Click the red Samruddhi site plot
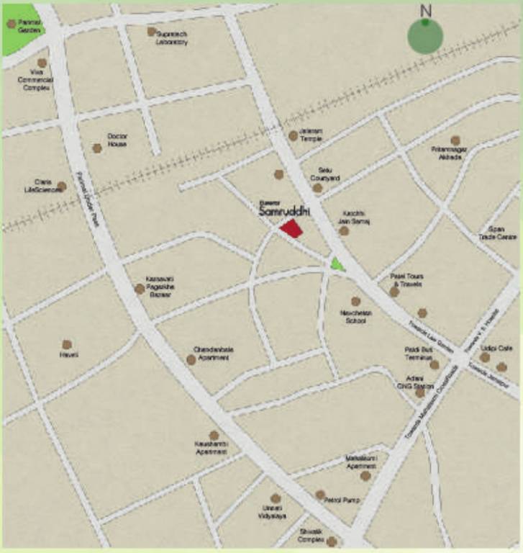[291, 229]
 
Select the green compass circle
[425, 36]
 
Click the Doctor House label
[117, 140]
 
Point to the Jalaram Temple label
[311, 134]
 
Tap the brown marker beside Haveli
[67, 345]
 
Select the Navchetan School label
[355, 317]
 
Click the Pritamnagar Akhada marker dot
[455, 140]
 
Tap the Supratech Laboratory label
[172, 38]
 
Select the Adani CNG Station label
[420, 381]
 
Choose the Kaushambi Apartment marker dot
[214, 436]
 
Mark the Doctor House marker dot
[96, 148]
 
